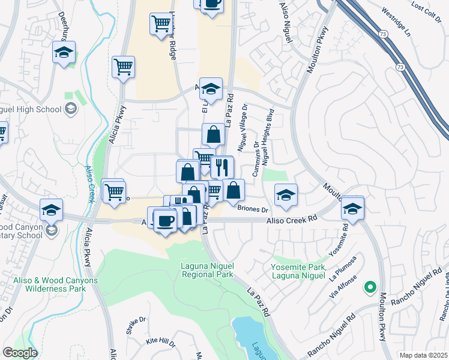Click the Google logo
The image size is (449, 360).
click(20, 353)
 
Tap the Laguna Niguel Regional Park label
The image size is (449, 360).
click(207, 270)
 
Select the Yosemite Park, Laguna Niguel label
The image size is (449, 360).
click(298, 271)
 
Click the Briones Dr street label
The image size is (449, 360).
click(252, 209)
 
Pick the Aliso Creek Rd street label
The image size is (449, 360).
click(292, 221)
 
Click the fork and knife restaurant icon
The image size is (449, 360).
click(222, 167)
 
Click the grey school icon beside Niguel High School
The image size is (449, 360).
click(71, 109)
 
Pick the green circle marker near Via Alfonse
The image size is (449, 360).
click(370, 287)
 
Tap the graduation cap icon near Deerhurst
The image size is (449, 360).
click(64, 52)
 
